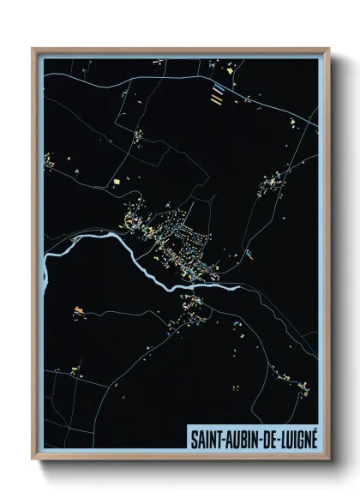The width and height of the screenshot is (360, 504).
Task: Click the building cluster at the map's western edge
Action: click(x=50, y=160)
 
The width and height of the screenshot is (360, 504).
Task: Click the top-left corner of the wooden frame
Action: click(x=33, y=49)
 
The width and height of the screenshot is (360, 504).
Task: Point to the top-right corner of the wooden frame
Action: click(x=329, y=49)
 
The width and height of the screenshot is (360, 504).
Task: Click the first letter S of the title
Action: click(x=191, y=436)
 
